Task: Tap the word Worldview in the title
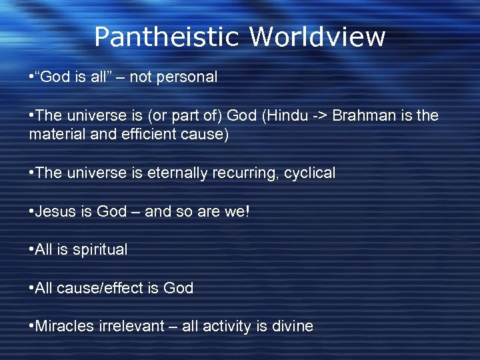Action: (x=317, y=37)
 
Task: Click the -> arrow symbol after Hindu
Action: (x=317, y=115)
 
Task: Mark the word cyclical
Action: (x=309, y=173)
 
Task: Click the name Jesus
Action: (x=55, y=212)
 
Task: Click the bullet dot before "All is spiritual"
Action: (x=31, y=250)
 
